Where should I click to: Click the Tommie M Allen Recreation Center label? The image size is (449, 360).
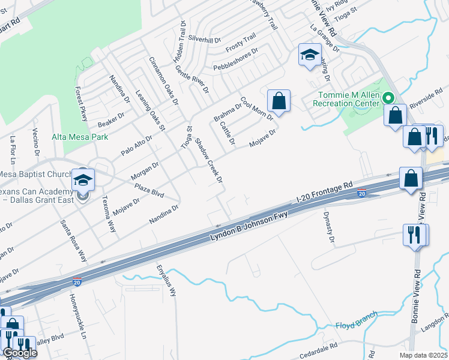(x=346, y=98)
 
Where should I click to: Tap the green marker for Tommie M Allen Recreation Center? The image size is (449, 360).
(x=388, y=98)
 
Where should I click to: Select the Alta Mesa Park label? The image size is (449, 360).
(x=80, y=137)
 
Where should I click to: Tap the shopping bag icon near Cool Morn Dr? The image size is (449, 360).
(x=279, y=101)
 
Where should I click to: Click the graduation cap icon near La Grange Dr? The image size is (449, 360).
(x=309, y=56)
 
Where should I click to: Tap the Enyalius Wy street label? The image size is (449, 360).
(x=168, y=281)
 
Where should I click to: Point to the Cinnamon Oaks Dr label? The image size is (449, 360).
(x=164, y=81)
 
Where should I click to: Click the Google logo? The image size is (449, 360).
(x=20, y=353)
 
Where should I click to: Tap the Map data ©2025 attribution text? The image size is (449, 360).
(x=424, y=355)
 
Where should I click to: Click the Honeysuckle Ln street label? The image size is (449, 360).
(x=78, y=317)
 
